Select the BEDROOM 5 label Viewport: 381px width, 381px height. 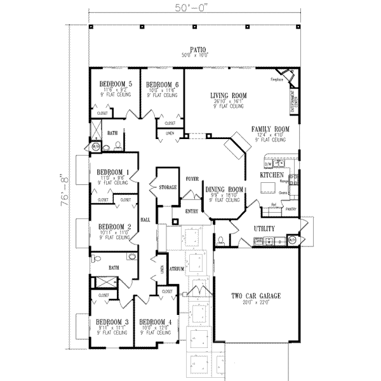tap(115, 84)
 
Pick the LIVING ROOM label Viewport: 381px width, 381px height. tap(229, 95)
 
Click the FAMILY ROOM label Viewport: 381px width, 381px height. tap(270, 128)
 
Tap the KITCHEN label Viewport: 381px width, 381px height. tap(271, 174)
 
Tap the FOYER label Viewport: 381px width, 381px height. tap(192, 179)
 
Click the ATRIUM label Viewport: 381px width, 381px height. tap(177, 269)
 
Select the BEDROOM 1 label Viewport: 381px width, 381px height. tap(113, 172)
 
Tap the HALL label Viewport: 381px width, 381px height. tap(144, 219)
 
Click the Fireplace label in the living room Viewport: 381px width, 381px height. tap(276, 80)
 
